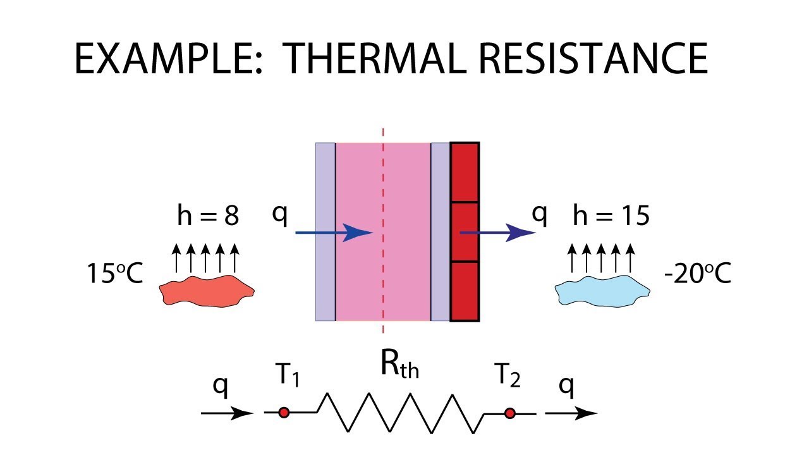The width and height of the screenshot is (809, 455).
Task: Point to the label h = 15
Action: click(611, 217)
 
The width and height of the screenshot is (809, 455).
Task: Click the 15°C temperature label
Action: click(115, 276)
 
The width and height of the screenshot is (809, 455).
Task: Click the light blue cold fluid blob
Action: click(602, 291)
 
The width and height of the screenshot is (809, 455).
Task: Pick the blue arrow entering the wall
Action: click(335, 233)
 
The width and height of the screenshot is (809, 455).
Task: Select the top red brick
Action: click(465, 172)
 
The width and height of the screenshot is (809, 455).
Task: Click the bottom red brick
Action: click(465, 291)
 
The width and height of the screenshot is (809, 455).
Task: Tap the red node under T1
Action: click(284, 413)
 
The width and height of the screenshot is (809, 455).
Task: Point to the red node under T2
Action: click(509, 413)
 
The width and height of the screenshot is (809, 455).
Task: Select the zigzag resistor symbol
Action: click(401, 413)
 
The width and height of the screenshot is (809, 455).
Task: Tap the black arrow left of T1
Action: click(227, 414)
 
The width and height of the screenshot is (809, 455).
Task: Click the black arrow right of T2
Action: click(571, 414)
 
